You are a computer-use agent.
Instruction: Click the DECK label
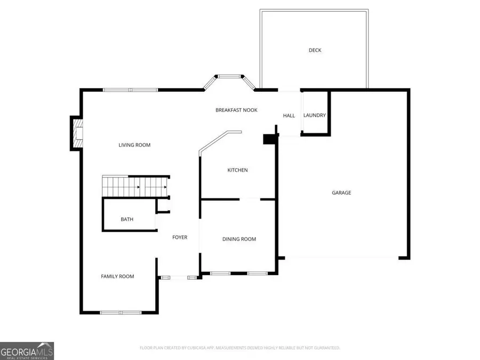315,50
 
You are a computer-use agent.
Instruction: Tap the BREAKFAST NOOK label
236,110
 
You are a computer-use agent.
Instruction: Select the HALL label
289,115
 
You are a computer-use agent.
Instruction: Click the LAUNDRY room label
314,115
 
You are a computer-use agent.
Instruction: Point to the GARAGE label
341,193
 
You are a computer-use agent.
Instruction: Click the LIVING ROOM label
134,145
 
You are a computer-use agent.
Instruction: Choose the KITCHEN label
237,170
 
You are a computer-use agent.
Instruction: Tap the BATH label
127,219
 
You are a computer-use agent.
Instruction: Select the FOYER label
180,237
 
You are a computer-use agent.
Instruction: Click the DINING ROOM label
239,239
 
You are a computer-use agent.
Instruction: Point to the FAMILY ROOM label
117,276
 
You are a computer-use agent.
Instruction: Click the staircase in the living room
135,187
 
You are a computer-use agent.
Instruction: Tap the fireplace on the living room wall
77,134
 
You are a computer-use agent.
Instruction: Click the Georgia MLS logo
27,351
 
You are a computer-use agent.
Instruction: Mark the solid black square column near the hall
269,139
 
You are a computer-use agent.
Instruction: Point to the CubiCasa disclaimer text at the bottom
239,348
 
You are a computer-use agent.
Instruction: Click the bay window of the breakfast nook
230,77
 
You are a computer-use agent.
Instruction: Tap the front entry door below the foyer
179,277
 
